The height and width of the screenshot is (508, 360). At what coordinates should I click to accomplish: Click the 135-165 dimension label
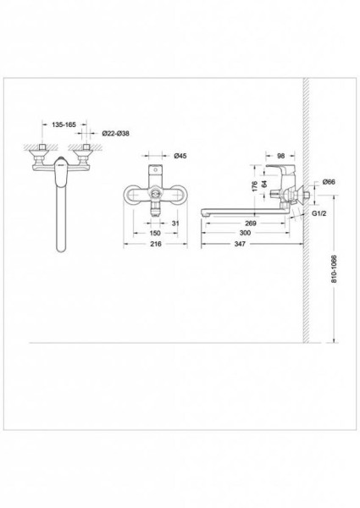coord(64,124)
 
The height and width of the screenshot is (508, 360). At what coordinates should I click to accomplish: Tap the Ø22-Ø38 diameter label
coord(115,133)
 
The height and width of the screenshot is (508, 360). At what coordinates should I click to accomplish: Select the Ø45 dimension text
coord(180,156)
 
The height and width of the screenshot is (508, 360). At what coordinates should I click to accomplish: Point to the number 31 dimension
coord(175,224)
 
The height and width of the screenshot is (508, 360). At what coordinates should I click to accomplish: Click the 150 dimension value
coord(155,233)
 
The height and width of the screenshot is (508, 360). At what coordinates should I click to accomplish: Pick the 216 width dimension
coord(156,244)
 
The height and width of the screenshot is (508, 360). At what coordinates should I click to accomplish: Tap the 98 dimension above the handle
coord(281,156)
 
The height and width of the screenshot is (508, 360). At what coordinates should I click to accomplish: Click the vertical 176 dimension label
coord(255,186)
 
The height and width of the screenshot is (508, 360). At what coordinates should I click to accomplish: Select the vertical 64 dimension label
coord(265,184)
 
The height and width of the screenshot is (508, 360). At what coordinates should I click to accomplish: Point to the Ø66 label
coord(329,182)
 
